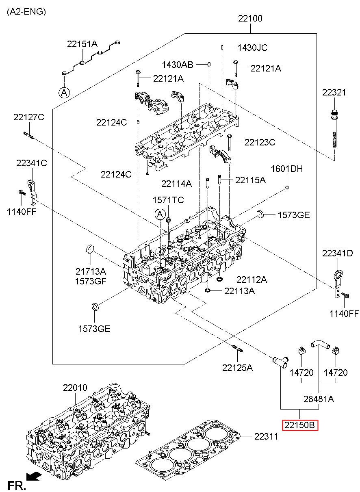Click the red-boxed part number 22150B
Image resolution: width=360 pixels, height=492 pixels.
tap(300, 425)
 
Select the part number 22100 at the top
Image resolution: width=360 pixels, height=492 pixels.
tap(250, 18)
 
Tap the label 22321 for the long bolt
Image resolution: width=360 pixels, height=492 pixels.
tap(334, 92)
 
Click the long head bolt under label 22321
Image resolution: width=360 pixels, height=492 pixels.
tap(334, 130)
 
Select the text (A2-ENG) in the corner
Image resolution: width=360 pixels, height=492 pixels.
tap(26, 11)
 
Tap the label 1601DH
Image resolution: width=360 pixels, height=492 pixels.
tap(287, 169)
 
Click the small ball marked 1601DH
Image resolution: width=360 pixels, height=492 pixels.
tap(287, 187)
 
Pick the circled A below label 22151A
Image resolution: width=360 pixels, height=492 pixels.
tap(64, 93)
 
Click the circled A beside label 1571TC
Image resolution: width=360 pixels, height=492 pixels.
tap(160, 214)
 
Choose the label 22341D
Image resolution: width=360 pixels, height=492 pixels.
tap(338, 253)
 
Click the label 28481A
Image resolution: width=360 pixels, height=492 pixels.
tap(319, 399)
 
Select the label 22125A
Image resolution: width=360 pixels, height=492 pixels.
tap(237, 368)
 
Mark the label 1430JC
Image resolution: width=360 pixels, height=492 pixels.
tap(252, 48)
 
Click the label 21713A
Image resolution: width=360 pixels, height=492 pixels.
tap(90, 271)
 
